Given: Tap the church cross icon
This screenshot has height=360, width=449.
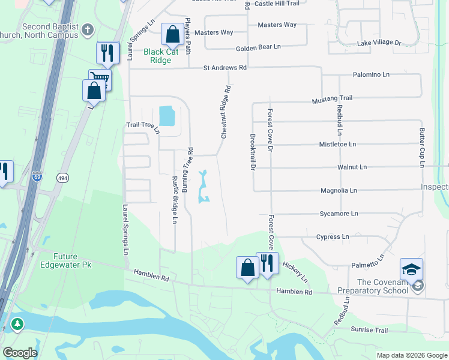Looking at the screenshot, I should click(x=88, y=29).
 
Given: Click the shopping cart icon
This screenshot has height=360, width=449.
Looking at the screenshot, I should click(x=100, y=79).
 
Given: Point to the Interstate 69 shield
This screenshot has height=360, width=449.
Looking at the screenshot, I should click(x=38, y=178).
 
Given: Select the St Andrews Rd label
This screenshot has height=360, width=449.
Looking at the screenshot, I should click(x=224, y=68).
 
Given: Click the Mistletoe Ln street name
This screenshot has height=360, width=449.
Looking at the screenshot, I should click(x=337, y=144).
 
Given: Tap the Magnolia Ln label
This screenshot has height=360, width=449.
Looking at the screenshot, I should click(x=339, y=190).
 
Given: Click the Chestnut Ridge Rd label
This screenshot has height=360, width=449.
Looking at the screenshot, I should click(x=226, y=112).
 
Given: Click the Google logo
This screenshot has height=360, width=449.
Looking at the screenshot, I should click(x=20, y=353).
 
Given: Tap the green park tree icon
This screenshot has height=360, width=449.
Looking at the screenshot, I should click(x=17, y=325).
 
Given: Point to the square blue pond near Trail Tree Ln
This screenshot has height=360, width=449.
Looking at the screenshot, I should click(x=166, y=116).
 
